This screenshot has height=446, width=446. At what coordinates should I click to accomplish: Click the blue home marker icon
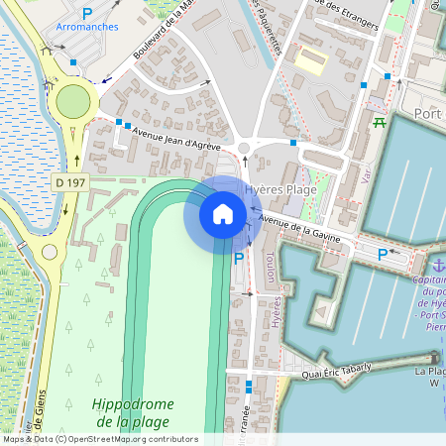click(223, 213)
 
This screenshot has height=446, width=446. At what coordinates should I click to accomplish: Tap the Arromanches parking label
click(88, 28)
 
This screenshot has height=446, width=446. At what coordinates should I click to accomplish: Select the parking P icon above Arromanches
click(87, 13)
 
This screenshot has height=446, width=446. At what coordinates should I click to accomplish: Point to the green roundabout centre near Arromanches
click(73, 100)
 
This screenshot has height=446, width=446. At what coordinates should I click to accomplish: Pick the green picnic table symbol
click(379, 123)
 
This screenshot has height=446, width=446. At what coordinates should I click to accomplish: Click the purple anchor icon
click(436, 265)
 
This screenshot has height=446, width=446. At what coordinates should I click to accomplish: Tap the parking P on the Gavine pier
click(383, 255)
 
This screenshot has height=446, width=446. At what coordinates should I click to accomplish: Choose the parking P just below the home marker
click(238, 259)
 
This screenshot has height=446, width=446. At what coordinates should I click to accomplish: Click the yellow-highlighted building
click(310, 58)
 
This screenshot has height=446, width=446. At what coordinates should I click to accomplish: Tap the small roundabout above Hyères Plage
click(244, 150)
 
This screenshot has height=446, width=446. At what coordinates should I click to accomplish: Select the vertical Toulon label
click(270, 262)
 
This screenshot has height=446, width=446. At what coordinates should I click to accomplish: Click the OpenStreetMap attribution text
click(99, 439)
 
